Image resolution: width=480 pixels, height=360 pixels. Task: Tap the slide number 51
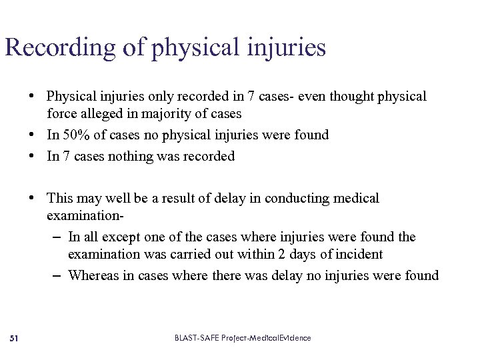tap(15, 339)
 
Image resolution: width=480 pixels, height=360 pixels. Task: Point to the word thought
tap(351, 97)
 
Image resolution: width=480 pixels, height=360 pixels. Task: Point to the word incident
tap(359, 255)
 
